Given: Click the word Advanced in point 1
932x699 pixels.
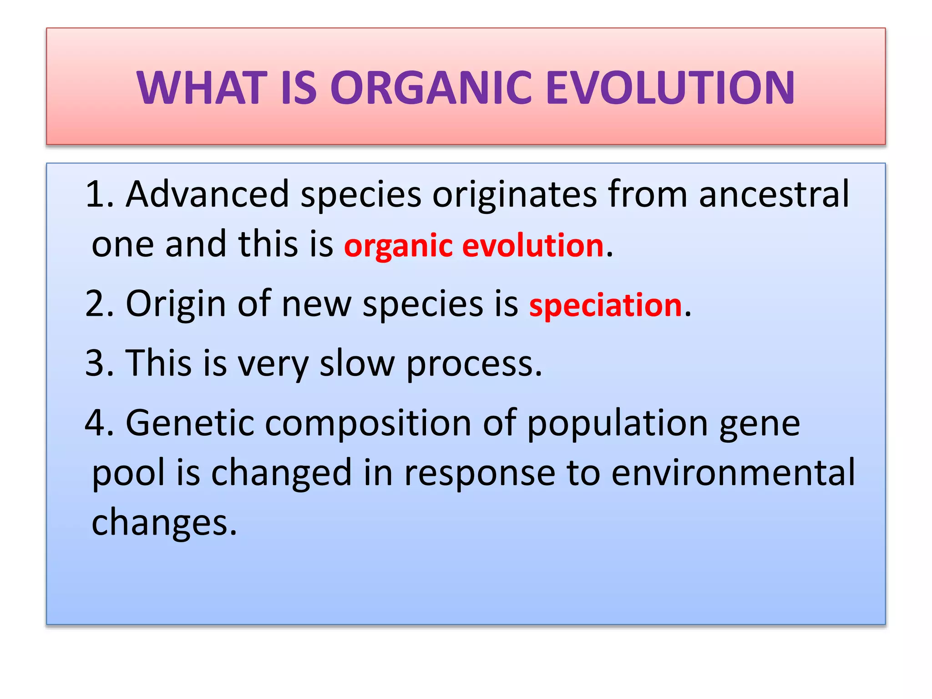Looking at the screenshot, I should (x=208, y=194).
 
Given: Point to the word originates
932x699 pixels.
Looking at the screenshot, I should (x=514, y=194).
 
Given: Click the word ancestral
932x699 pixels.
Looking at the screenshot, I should (x=774, y=194).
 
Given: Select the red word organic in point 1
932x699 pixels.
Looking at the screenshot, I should (x=398, y=246).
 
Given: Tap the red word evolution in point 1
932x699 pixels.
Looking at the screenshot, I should (x=533, y=246).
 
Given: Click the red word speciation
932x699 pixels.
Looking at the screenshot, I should (x=605, y=305).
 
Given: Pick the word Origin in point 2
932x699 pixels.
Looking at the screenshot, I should (x=176, y=304).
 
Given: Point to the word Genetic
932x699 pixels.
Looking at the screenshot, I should (x=189, y=423).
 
